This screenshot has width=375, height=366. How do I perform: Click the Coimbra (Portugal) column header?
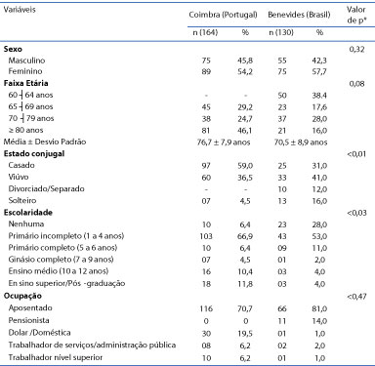223,15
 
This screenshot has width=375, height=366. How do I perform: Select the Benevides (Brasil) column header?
299,15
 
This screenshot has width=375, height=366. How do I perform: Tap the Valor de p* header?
356,15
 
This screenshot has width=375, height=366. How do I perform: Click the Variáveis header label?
20,10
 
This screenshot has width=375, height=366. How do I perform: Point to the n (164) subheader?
205,32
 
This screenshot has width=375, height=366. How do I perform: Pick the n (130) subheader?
281,32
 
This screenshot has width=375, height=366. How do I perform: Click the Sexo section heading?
13,49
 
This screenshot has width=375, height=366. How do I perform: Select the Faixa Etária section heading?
25,83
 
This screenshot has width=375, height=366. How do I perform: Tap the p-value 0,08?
356,84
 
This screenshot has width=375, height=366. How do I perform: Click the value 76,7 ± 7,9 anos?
224,142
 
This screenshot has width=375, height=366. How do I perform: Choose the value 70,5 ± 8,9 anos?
301,142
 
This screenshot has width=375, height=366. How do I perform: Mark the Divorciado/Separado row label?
46,188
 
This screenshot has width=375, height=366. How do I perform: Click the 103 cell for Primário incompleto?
206,236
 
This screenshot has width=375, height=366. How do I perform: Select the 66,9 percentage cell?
245,236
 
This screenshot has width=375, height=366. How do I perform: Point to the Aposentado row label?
30,307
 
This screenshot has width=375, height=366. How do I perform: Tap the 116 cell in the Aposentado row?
206,308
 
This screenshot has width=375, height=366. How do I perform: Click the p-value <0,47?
356,297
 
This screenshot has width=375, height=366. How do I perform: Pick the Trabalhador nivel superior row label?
56,357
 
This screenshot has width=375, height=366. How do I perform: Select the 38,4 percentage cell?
319,96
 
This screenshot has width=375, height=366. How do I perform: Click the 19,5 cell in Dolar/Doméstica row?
245,334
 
